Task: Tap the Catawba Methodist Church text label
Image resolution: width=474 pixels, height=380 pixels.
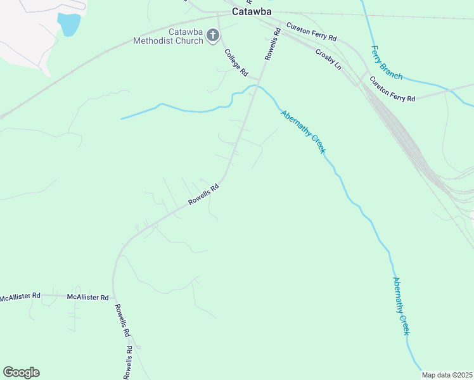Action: click(x=168, y=37)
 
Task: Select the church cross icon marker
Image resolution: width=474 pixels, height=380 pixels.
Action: click(x=213, y=37)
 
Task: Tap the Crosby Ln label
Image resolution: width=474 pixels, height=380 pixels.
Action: click(x=328, y=58)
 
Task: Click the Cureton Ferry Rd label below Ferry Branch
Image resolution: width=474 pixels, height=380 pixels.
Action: click(x=392, y=89)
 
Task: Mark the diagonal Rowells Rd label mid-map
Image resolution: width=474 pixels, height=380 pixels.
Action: click(x=203, y=194)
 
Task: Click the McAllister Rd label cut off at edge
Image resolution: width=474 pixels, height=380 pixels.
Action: click(x=20, y=296)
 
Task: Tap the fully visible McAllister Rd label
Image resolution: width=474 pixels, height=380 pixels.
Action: click(x=88, y=297)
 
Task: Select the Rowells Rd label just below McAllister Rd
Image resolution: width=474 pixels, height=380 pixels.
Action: click(x=122, y=320)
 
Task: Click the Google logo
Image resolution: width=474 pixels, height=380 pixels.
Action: click(x=22, y=372)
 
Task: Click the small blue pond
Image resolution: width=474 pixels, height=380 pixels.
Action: click(x=69, y=24)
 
